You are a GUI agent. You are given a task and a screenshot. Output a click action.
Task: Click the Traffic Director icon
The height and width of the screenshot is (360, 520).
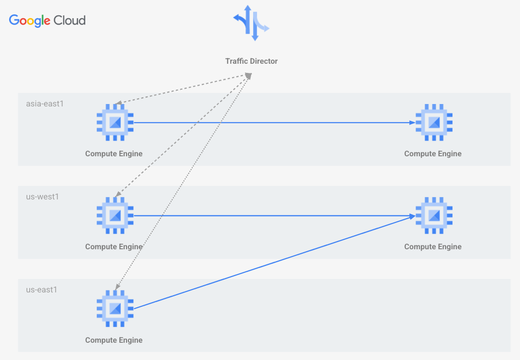pos(251,23)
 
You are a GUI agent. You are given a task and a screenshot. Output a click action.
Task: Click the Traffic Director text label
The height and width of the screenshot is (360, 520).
pos(251,61)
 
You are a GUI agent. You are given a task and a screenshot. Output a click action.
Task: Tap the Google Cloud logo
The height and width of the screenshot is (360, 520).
pos(47,21)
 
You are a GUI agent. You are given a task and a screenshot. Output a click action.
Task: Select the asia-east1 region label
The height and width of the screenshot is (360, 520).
pos(45,103)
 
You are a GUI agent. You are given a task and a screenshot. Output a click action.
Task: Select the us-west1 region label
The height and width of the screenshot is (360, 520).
pos(42,197)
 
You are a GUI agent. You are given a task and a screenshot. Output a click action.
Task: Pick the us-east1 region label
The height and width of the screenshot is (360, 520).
pos(41,290)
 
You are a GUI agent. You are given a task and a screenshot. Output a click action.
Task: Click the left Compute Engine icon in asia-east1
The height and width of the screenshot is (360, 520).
pos(115,122)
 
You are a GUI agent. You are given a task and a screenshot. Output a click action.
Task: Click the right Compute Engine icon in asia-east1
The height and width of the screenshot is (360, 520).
pos(434,122)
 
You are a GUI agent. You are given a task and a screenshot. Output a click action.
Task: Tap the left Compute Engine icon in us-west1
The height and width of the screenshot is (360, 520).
pos(115,216)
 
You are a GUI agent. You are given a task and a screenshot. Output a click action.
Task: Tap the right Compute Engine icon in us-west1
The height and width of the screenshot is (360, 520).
pos(434,216)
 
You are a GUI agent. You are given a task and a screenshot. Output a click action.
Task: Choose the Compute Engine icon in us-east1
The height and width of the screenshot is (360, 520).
pos(115,309)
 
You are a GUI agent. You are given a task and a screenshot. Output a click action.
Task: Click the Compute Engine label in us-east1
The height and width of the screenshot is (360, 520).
pos(114,340)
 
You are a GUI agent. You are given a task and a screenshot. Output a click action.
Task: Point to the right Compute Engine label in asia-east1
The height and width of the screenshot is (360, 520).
pos(433,154)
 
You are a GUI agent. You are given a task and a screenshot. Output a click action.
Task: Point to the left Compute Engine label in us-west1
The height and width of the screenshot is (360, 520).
pos(114,247)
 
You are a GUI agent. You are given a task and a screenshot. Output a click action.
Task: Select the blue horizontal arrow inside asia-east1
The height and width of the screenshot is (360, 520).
pos(273,123)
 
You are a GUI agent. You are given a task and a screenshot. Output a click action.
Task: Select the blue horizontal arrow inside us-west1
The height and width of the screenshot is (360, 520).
pos(273,216)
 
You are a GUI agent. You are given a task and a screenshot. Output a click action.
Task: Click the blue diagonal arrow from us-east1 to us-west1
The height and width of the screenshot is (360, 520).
pos(273,262)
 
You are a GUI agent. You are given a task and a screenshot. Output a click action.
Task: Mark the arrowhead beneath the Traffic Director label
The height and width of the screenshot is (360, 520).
pos(248,75)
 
